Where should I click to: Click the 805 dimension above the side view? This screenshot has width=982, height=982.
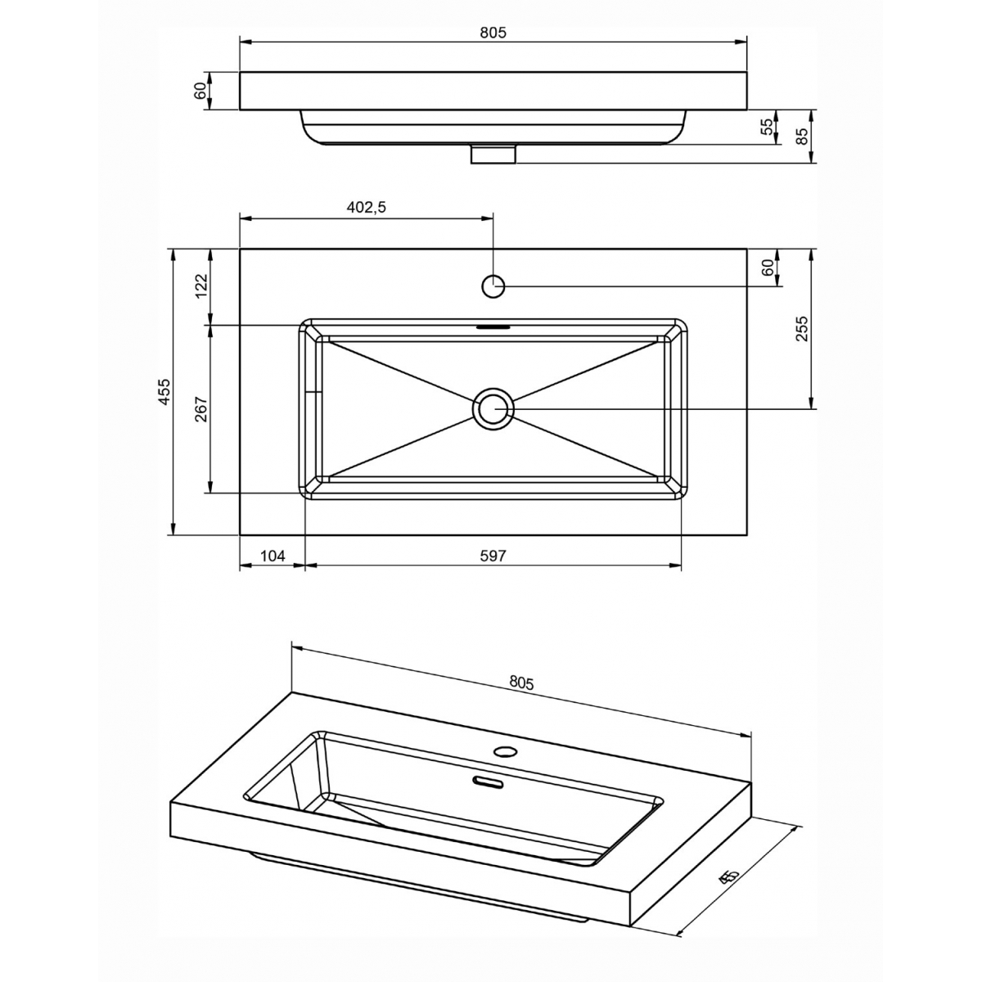(493, 33)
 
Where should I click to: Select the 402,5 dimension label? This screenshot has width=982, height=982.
(366, 208)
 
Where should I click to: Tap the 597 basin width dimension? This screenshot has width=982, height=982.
(493, 556)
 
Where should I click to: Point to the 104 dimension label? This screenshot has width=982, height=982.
(272, 556)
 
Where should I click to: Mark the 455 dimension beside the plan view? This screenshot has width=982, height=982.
(164, 392)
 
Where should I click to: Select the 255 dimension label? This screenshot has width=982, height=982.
(802, 328)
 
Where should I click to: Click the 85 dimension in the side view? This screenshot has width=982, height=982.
(802, 136)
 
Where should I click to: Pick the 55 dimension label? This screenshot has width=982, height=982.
(767, 127)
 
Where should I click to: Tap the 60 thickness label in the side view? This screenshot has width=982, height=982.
(200, 91)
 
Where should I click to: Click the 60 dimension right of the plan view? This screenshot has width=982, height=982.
(768, 268)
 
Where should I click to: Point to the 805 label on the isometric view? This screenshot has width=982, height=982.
(521, 682)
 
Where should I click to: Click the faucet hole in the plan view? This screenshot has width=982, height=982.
(493, 286)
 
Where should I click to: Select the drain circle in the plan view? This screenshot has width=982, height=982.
(493, 408)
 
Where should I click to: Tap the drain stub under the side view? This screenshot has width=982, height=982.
(493, 154)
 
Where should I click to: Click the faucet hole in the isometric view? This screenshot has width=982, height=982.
(506, 750)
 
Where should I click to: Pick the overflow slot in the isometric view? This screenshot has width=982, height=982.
(489, 783)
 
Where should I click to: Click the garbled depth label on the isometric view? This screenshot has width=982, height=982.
(728, 877)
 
